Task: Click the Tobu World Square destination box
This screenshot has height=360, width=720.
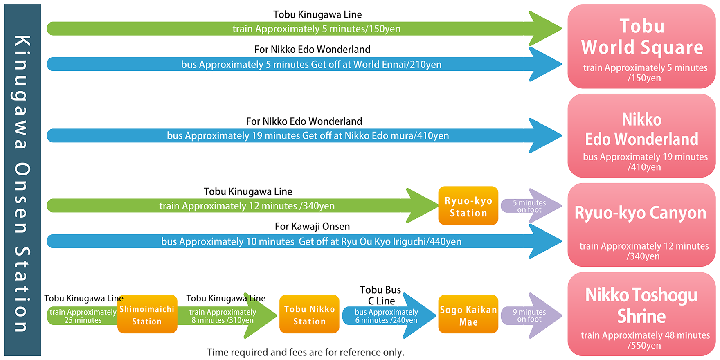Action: point(641,47)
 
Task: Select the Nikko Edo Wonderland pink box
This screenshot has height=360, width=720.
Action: point(641,136)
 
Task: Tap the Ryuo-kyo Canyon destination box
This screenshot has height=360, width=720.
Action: point(641,225)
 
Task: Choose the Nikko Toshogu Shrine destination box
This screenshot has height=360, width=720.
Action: point(641,314)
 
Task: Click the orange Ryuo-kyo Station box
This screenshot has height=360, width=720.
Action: point(468,206)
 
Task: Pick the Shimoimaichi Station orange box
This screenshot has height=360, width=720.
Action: point(147,314)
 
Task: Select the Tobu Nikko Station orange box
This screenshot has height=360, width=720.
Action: point(309,314)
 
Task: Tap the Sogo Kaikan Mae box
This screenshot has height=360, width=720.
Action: point(468,314)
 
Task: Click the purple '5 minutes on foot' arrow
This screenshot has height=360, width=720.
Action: point(531,206)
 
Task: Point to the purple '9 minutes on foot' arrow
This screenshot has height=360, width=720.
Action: point(531,315)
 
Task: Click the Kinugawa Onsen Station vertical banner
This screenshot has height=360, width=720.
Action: point(22,180)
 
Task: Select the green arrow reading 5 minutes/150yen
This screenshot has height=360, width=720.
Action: point(304,29)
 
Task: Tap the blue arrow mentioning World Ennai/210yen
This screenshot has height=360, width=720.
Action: point(304,64)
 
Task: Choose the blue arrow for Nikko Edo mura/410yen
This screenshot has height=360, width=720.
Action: point(304,135)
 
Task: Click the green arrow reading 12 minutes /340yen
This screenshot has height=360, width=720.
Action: point(243,206)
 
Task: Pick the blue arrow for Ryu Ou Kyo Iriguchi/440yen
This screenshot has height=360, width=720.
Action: point(304,241)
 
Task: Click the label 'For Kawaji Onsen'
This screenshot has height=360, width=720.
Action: point(312,226)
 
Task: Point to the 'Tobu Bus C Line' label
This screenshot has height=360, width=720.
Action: point(381,295)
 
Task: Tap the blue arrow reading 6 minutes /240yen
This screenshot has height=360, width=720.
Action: point(389,316)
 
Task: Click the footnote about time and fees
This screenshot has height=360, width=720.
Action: point(306,352)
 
